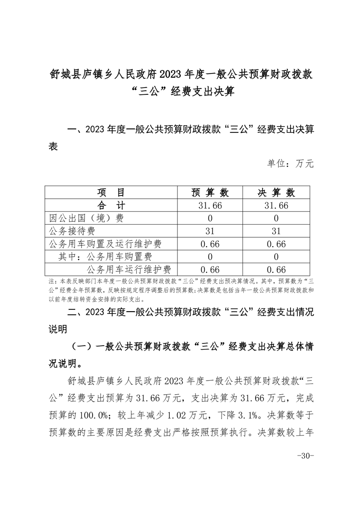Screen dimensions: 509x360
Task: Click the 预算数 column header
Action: tap(210, 192)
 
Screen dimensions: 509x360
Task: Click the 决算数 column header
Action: tap(276, 192)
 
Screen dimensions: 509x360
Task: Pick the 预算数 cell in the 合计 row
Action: tap(210, 205)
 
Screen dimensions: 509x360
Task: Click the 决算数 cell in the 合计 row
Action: tap(276, 205)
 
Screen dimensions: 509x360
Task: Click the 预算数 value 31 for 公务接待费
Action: tap(210, 231)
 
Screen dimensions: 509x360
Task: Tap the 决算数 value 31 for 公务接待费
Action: tap(276, 231)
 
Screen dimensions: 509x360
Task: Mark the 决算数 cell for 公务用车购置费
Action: tap(276, 257)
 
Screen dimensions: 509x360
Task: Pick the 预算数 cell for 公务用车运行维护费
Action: tap(210, 269)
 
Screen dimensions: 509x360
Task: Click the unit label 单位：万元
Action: tap(291, 164)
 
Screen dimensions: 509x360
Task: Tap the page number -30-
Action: tap(305, 456)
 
